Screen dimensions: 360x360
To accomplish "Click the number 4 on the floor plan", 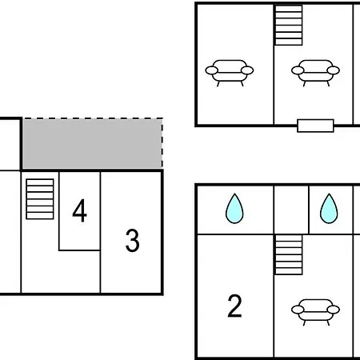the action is tap(79, 210).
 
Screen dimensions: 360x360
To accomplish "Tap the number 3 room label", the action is tap(133, 241).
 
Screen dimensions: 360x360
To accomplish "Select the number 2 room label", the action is tap(234, 306).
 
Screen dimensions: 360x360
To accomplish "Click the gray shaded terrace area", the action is tap(92, 144).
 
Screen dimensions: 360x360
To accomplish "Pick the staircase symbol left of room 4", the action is tap(40, 199).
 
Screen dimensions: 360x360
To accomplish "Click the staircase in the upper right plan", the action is tap(289, 25).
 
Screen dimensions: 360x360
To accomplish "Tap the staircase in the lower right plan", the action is tap(289, 254).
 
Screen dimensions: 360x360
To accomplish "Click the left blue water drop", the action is tap(234, 208).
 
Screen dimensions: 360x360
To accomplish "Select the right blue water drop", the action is tap(329, 208).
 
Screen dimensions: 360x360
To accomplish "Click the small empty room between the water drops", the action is tap(291, 210).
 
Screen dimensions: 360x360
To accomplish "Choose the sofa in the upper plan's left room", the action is tap(230, 73).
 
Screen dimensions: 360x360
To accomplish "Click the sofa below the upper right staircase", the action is tap(315, 73).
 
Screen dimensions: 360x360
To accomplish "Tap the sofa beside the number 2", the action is tap(315, 312).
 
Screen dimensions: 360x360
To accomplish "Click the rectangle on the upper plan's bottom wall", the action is tap(315, 126).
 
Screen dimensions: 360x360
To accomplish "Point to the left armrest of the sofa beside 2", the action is tap(298, 310).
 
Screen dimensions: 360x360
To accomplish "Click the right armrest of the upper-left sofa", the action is tap(247, 70).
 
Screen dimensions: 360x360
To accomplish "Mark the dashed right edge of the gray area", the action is tap(162, 143).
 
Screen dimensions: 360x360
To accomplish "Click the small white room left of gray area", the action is tap(10, 144).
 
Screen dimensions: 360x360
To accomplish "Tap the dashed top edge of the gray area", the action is tap(92, 118).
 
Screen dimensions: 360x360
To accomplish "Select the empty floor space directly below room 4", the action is tap(79, 271).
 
